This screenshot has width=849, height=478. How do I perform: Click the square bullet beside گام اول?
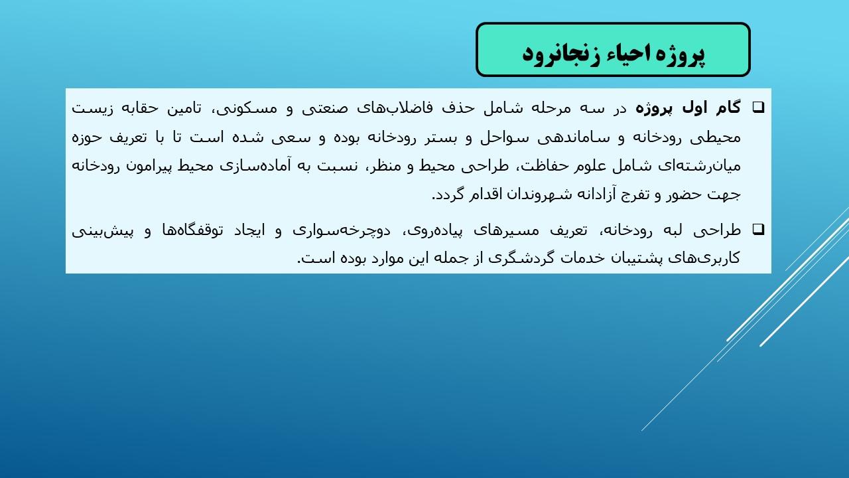coord(758,108)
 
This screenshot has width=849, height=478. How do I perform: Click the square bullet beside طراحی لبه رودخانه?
coord(758,229)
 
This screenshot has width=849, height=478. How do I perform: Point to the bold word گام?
coord(728,108)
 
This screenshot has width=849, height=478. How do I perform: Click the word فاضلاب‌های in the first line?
coord(395,108)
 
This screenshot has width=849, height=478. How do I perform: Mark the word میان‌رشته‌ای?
coord(699,166)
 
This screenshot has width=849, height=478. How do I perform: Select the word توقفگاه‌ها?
coord(192,230)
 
